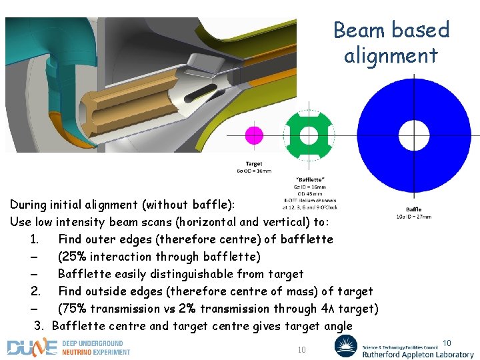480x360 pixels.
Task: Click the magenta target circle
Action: [254, 135]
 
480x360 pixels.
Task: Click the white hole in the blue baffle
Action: [414, 135]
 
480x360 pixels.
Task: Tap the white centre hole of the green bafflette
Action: [308, 135]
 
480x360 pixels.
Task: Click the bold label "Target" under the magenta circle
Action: [254, 163]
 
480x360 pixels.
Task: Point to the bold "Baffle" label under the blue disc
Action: [414, 210]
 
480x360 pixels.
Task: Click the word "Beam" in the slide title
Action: [361, 30]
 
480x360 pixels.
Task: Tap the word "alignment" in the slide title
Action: [391, 55]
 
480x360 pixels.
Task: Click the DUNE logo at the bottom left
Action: [31, 347]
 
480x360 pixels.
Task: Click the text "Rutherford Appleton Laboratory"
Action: [418, 355]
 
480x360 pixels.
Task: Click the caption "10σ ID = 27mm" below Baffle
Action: [414, 217]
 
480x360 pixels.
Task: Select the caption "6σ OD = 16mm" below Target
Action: [254, 171]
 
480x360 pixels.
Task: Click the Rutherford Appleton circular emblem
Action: [346, 346]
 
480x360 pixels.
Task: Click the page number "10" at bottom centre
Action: [301, 350]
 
